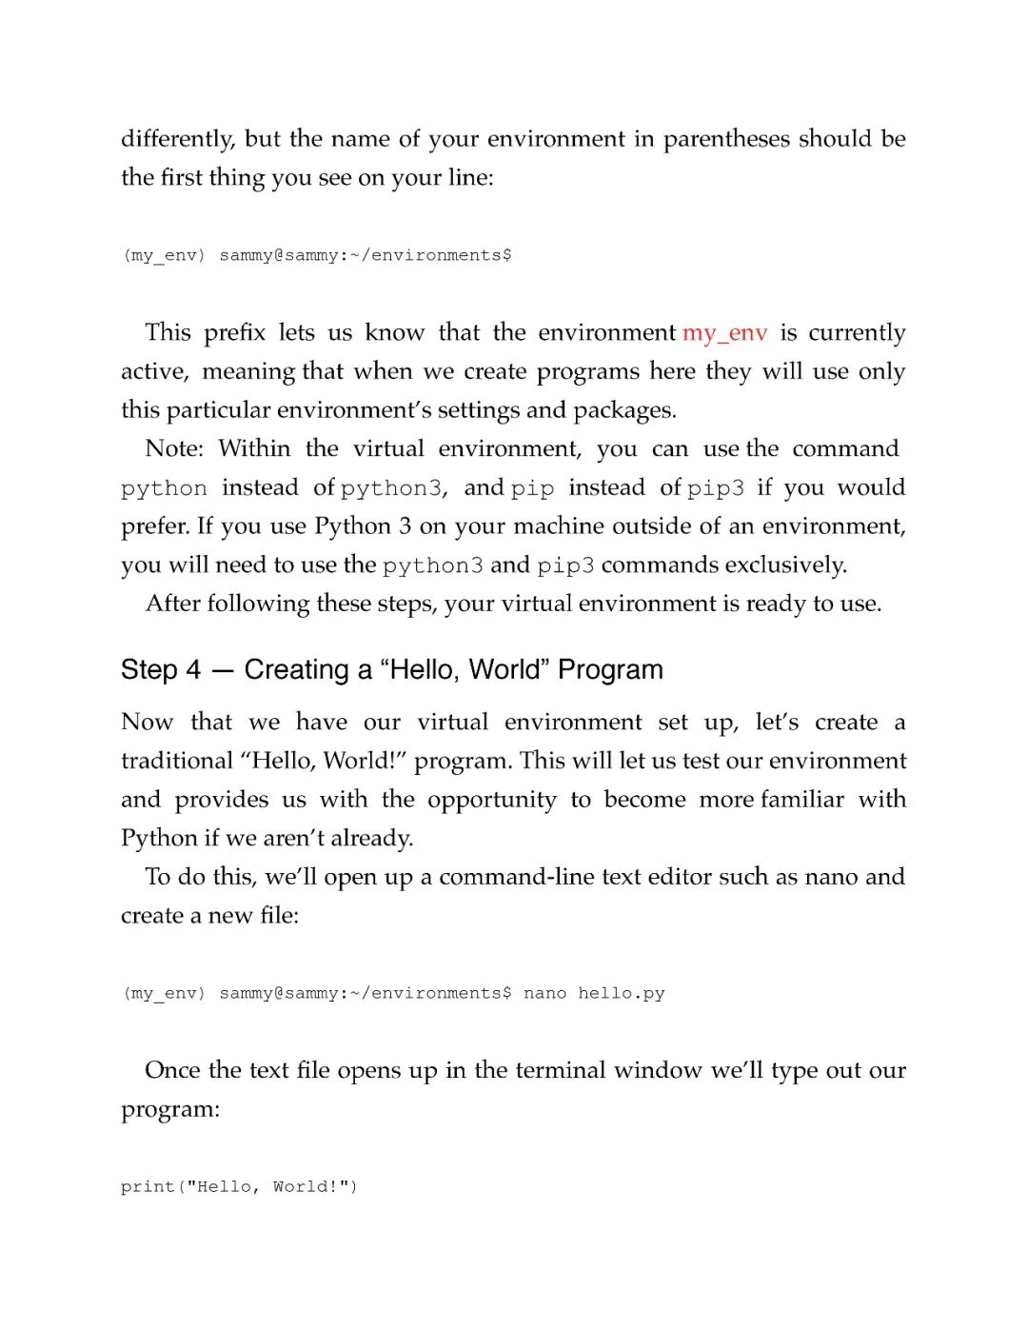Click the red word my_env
tap(724, 333)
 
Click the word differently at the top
tap(177, 139)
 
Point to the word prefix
tap(233, 333)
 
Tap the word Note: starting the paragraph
tap(174, 449)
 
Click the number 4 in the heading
tap(193, 670)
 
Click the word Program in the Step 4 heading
tap(610, 670)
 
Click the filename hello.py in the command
tap(621, 994)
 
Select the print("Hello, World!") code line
tap(239, 1187)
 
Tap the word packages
tap(624, 410)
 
